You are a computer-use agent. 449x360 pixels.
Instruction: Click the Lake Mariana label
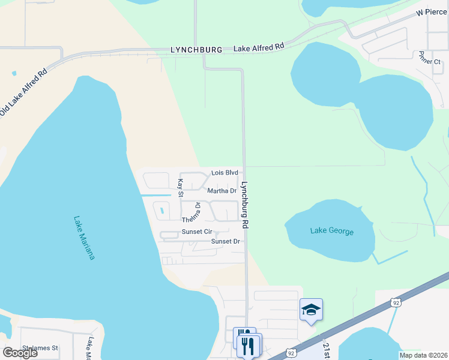click(85, 238)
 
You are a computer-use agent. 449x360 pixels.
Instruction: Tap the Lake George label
click(332, 231)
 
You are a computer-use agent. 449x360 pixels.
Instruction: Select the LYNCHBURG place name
click(196, 49)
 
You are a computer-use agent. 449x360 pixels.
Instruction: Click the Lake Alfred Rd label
click(259, 47)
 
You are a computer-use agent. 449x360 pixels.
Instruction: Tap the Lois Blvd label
click(225, 173)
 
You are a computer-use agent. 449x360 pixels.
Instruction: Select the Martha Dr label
click(221, 191)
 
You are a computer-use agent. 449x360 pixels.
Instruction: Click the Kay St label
click(179, 187)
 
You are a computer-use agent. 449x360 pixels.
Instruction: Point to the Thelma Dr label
click(192, 212)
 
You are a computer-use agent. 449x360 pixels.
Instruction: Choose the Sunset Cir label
click(197, 232)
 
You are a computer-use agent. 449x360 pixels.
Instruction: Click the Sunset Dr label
click(225, 241)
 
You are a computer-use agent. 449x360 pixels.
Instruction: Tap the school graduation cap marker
click(311, 310)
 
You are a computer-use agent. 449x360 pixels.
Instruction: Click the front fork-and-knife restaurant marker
click(249, 346)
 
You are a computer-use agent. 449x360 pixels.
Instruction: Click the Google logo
click(20, 353)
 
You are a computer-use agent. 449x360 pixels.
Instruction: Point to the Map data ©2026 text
click(423, 355)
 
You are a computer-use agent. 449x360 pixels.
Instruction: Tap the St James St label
click(40, 347)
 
